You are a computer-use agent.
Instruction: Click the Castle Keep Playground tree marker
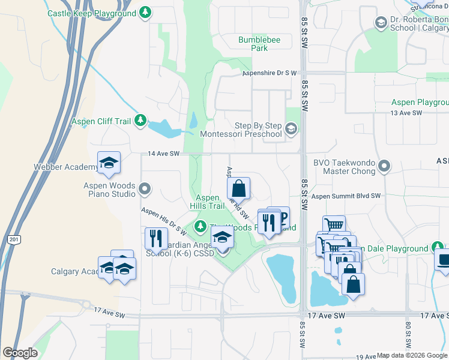click(x=145, y=12)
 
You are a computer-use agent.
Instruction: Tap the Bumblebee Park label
click(x=253, y=44)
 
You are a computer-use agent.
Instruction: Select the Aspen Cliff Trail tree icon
click(x=140, y=121)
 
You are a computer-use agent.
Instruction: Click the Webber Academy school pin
click(x=109, y=163)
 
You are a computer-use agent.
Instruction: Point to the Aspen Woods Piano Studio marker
click(x=145, y=190)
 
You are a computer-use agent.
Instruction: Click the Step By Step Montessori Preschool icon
click(x=291, y=129)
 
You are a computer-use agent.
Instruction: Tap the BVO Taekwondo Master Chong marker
click(x=385, y=166)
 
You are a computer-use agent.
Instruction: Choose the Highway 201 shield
click(x=14, y=239)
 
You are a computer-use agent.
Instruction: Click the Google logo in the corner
click(x=20, y=353)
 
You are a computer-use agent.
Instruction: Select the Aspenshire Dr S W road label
click(x=270, y=73)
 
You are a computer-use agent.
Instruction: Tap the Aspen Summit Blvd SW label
click(x=346, y=196)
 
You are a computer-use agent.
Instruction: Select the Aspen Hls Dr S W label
click(x=164, y=222)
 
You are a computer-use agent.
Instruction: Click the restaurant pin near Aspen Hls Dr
click(x=156, y=238)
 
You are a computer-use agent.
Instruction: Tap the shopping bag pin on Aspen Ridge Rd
click(x=239, y=188)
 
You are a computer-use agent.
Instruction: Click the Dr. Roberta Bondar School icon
click(x=380, y=23)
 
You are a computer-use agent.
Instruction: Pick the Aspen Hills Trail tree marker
click(x=200, y=226)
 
